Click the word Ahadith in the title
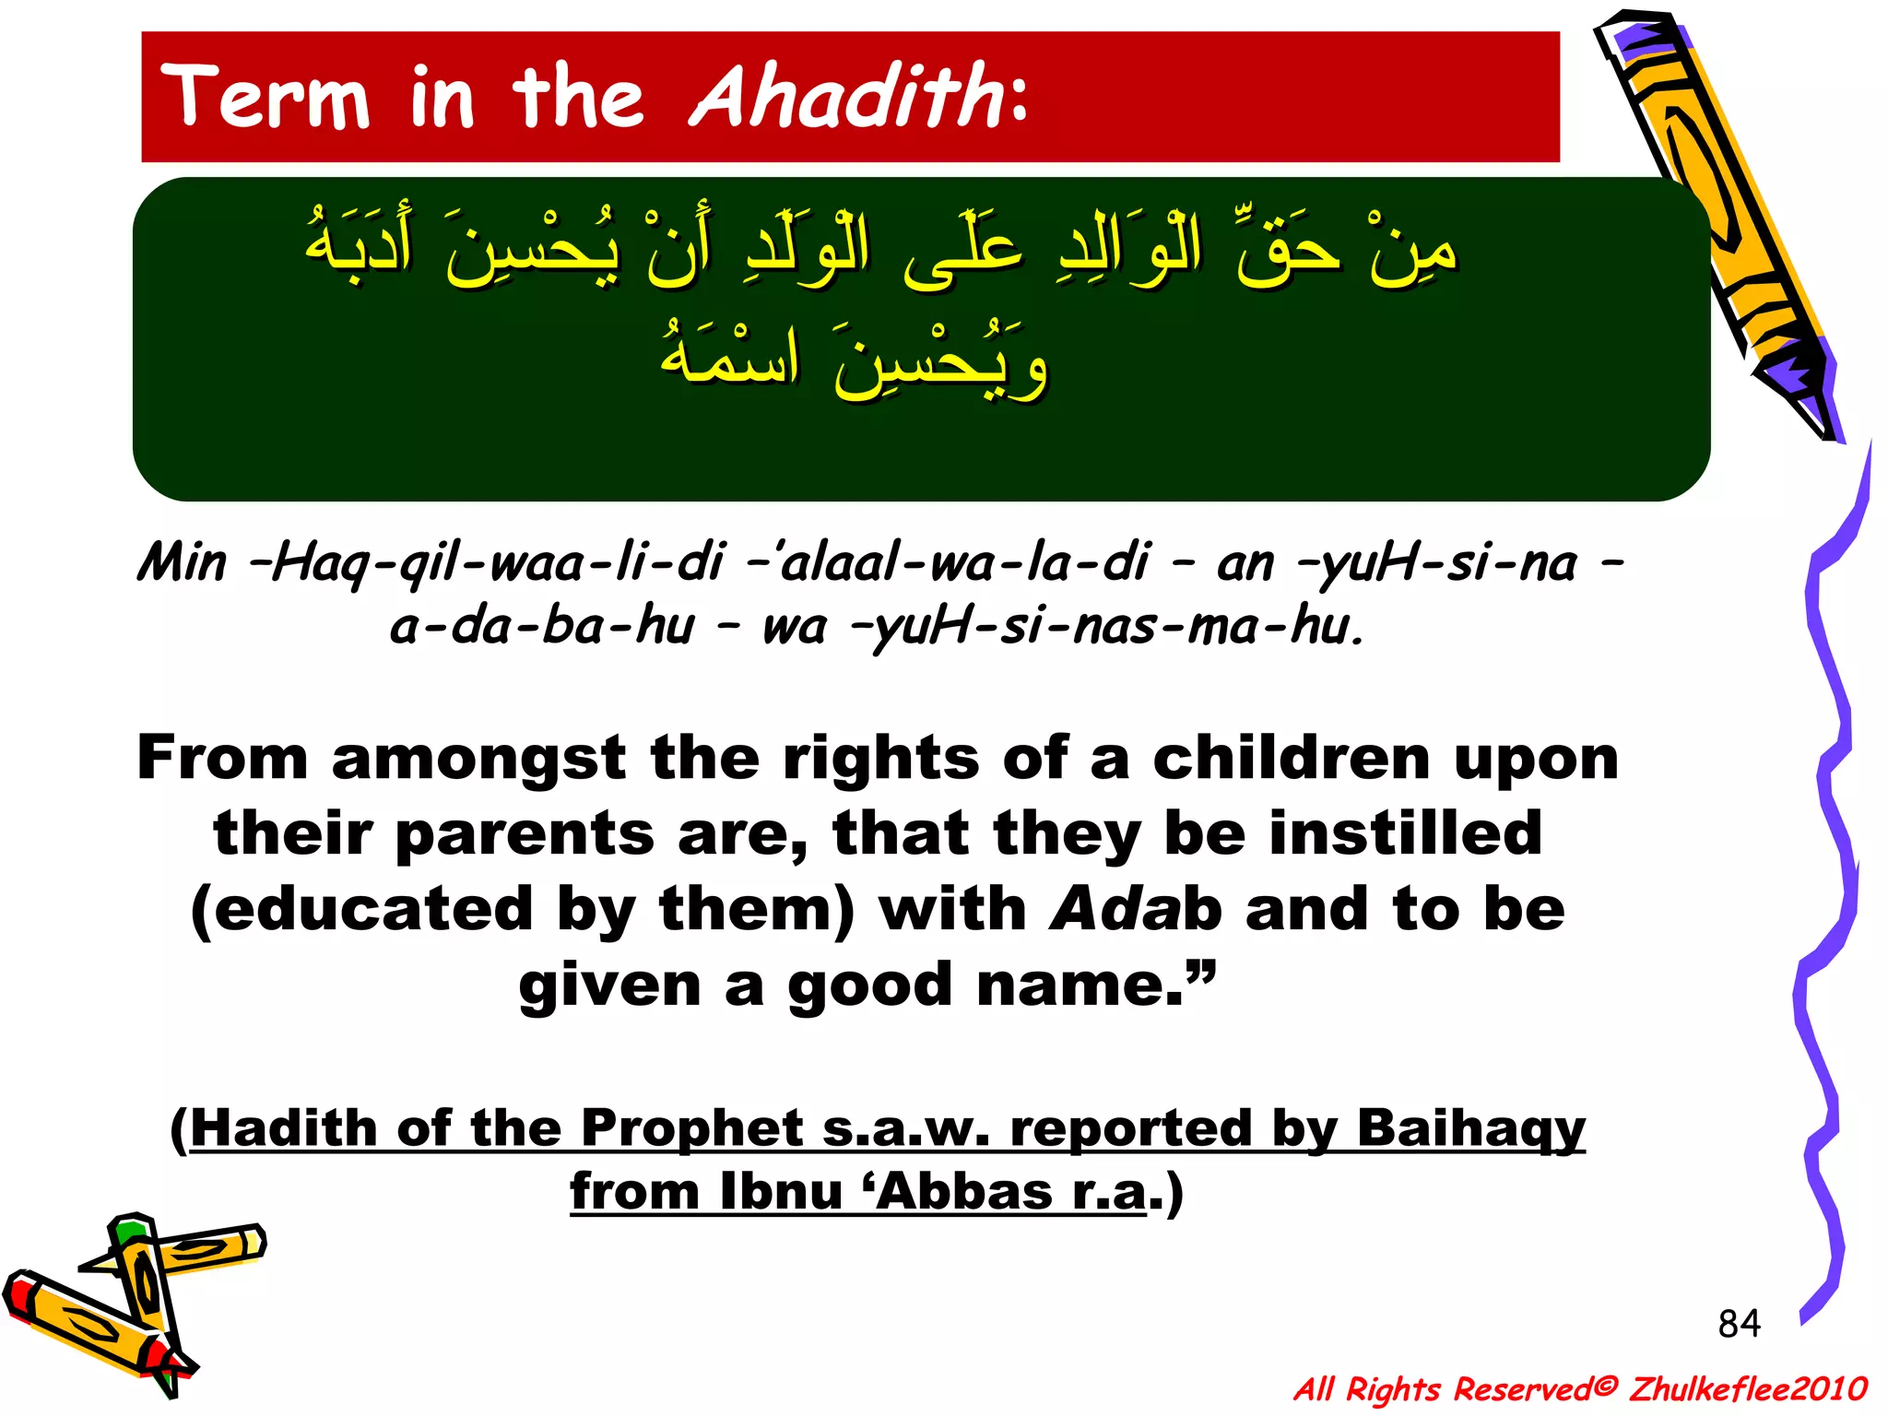(x=846, y=97)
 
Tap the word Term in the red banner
(x=266, y=97)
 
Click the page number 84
(x=1739, y=1324)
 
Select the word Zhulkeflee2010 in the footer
(x=1748, y=1388)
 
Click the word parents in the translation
(x=525, y=833)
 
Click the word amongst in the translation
(x=478, y=758)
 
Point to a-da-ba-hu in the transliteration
(x=542, y=627)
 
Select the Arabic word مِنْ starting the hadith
(x=1410, y=251)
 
